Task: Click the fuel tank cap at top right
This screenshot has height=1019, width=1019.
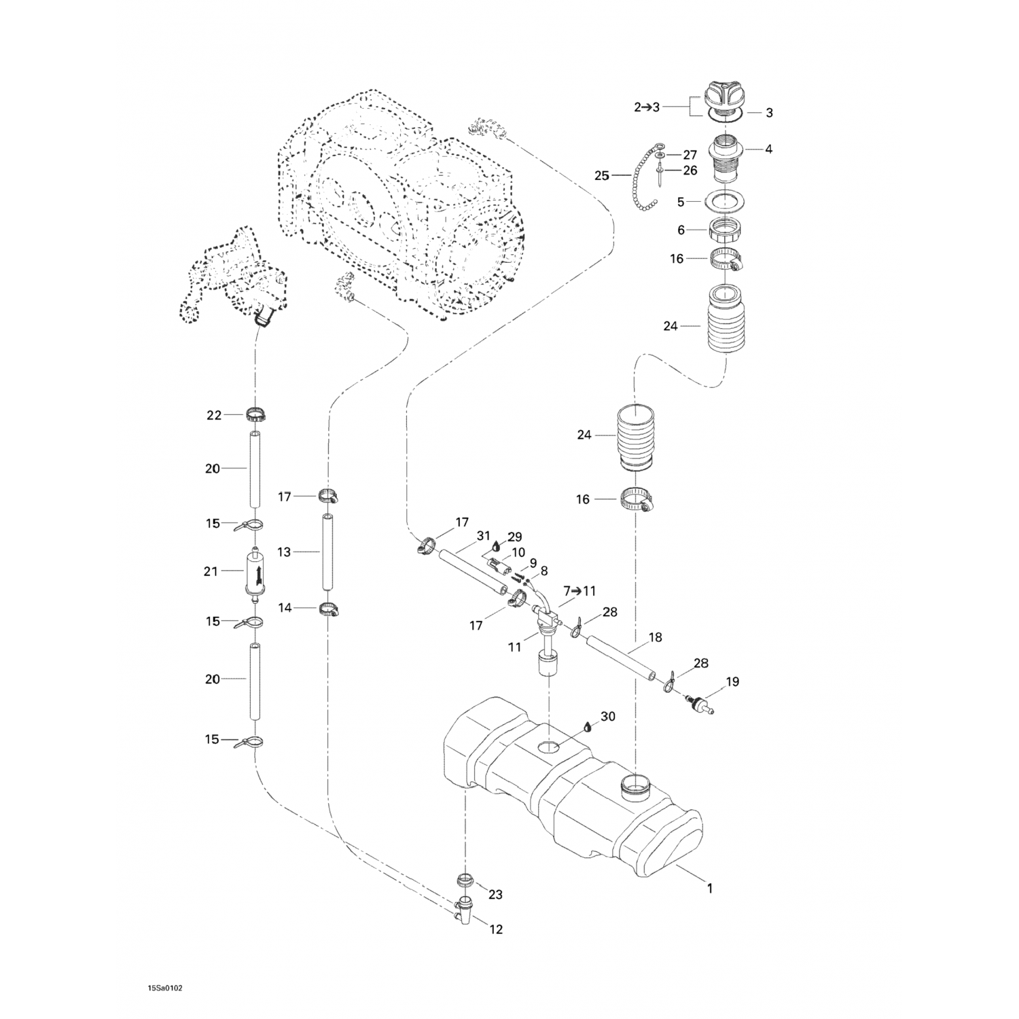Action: (x=726, y=94)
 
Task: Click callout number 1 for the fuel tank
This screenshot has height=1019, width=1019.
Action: (x=710, y=888)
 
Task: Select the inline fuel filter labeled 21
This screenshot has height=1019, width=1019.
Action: (x=255, y=573)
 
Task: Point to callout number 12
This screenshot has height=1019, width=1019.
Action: (x=497, y=929)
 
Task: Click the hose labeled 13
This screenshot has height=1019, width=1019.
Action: (x=327, y=552)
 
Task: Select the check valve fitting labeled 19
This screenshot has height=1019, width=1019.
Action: (x=700, y=705)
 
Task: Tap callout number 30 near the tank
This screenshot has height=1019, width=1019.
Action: (x=608, y=717)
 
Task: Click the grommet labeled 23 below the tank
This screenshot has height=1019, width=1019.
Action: (x=465, y=881)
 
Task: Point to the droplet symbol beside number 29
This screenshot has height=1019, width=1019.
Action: (x=498, y=545)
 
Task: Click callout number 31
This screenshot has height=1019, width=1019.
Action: (x=483, y=536)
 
